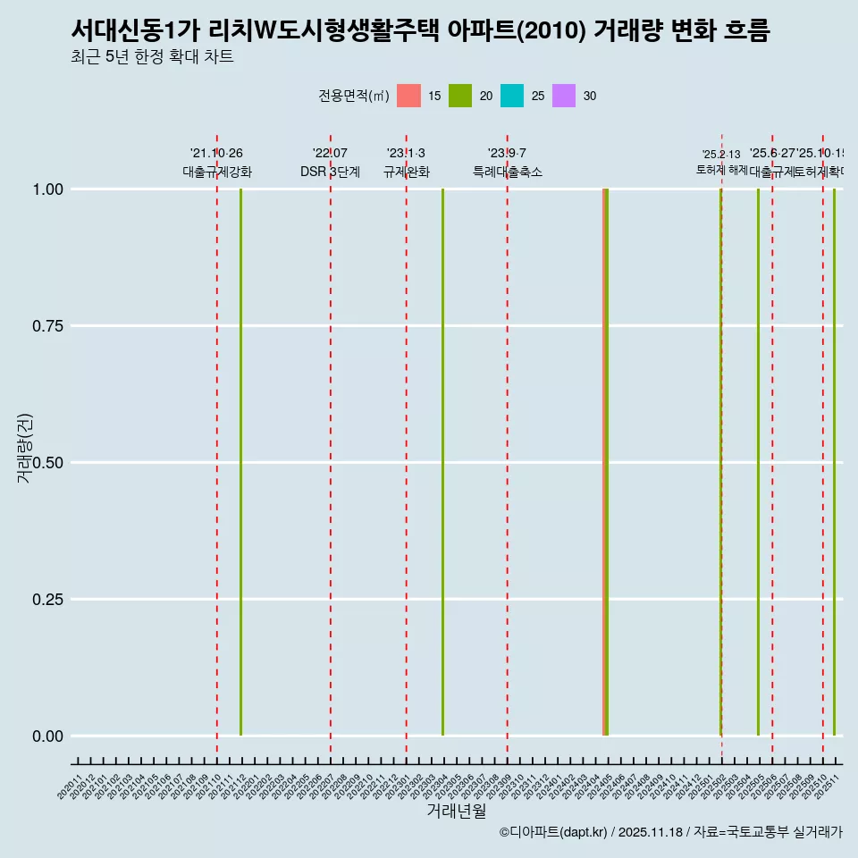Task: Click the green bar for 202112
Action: [241, 462]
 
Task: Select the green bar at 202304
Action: [443, 462]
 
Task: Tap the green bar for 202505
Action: [759, 462]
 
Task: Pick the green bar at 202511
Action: [835, 462]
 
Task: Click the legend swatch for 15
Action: [408, 96]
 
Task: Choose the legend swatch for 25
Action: [512, 96]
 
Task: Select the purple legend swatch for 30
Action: [564, 96]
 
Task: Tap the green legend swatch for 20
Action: [460, 96]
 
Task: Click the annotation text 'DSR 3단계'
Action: [330, 172]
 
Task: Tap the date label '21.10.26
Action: [216, 153]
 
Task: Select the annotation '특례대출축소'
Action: [508, 172]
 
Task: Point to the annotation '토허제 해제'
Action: [721, 170]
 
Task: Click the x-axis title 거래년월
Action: [457, 811]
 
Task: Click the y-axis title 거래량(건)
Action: [25, 448]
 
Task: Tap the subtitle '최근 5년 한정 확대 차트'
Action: [152, 57]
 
